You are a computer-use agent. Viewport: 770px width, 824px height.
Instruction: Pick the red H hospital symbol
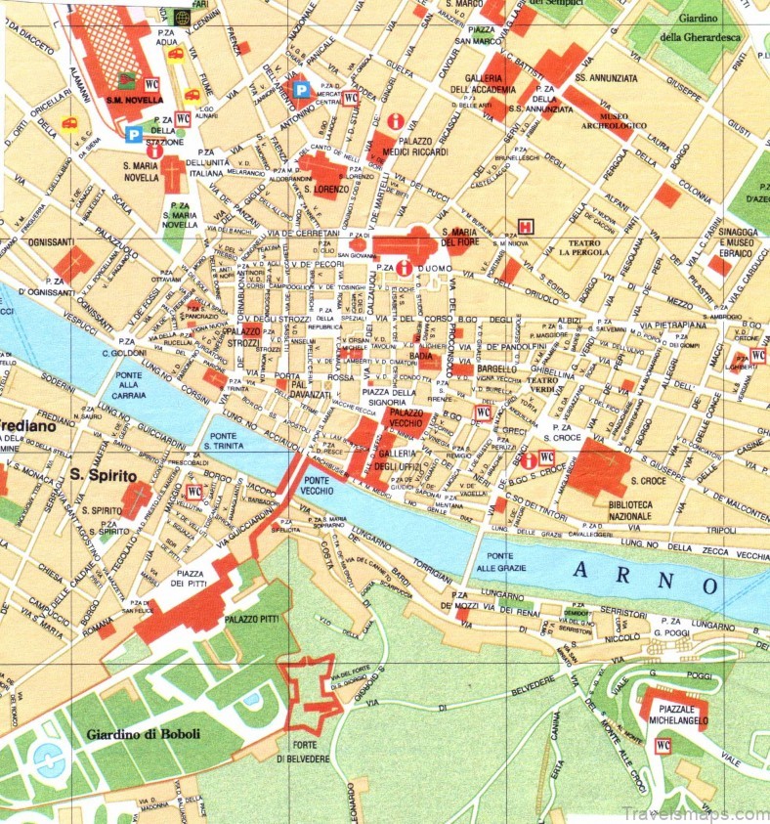pyautogui.click(x=527, y=227)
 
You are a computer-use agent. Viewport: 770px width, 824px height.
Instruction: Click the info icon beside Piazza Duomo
pyautogui.click(x=403, y=267)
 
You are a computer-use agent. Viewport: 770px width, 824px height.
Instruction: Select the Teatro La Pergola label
pyautogui.click(x=584, y=245)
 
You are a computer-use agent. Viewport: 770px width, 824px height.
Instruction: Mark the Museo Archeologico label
pyautogui.click(x=623, y=120)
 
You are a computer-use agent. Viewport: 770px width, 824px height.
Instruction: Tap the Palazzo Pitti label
pyautogui.click(x=253, y=620)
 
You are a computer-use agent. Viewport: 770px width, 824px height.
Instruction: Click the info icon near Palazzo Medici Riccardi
pyautogui.click(x=396, y=121)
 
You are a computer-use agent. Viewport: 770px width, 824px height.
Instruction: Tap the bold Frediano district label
pyautogui.click(x=21, y=426)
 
